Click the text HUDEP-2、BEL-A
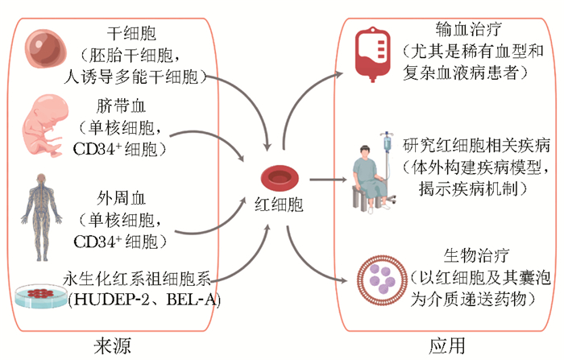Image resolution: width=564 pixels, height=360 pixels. coord(144,300)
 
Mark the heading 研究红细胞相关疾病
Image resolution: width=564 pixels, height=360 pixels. coord(477,146)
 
